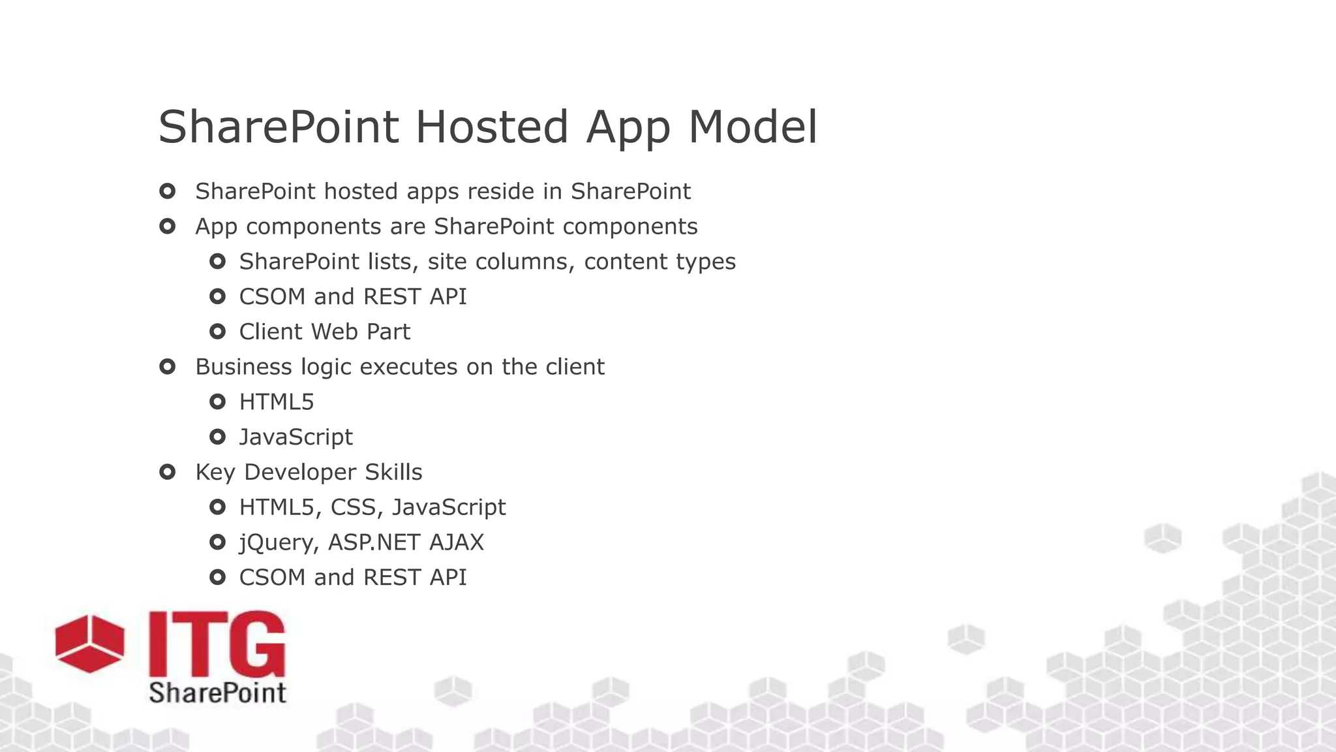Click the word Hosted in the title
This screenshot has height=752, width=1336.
coord(492,127)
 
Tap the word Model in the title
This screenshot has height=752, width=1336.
coord(752,127)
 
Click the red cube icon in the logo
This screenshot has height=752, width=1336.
coord(89,643)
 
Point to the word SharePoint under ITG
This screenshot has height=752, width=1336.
coord(217,693)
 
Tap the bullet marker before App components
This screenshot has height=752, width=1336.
coord(167,227)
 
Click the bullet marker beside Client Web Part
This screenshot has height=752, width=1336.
coord(217,332)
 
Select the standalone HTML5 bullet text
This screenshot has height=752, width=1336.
coord(277,402)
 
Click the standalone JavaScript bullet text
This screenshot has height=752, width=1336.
coord(296,437)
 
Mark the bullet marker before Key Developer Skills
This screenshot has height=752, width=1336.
coord(167,472)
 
